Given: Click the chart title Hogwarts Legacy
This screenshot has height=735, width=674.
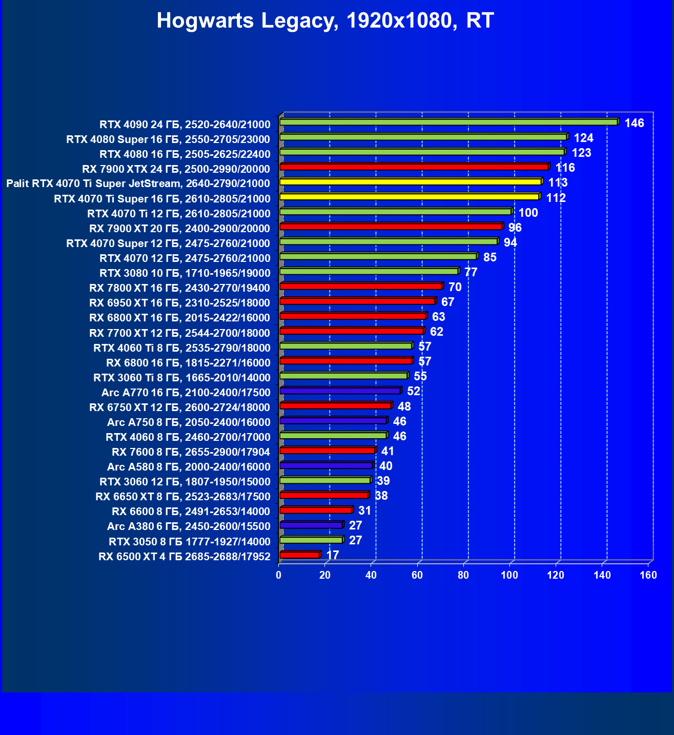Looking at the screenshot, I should [325, 21].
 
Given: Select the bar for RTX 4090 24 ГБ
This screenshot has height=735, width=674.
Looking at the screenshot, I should [448, 122].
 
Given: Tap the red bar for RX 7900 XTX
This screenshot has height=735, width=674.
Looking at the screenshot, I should [414, 167].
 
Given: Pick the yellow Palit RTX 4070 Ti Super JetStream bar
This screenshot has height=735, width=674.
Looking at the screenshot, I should [410, 182].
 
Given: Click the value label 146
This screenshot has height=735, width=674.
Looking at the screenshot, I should [634, 123].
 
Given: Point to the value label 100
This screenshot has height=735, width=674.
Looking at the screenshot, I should [528, 213].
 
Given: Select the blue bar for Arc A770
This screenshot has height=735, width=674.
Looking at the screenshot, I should [340, 391].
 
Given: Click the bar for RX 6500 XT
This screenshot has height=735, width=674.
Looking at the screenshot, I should [300, 555].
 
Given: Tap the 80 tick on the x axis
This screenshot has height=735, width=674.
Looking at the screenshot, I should [463, 575].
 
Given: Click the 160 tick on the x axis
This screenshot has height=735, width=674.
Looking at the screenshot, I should [648, 575].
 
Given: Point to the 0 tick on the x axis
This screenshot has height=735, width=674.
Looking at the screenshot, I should [279, 575].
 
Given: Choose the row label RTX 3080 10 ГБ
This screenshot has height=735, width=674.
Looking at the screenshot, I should [185, 273].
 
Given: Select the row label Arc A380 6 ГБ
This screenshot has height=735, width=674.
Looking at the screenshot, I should [188, 526].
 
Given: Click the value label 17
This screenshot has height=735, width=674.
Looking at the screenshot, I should [333, 555].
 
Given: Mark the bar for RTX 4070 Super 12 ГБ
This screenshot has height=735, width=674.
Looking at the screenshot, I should [389, 241].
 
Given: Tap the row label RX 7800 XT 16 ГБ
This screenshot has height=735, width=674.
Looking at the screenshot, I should [179, 288].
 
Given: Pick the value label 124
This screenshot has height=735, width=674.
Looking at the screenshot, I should [583, 138].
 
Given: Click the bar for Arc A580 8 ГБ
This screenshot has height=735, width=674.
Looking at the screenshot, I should [326, 465].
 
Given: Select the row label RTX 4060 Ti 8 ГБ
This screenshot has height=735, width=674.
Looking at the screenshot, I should [181, 348].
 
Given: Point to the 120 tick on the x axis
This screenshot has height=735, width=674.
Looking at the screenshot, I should [556, 575].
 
